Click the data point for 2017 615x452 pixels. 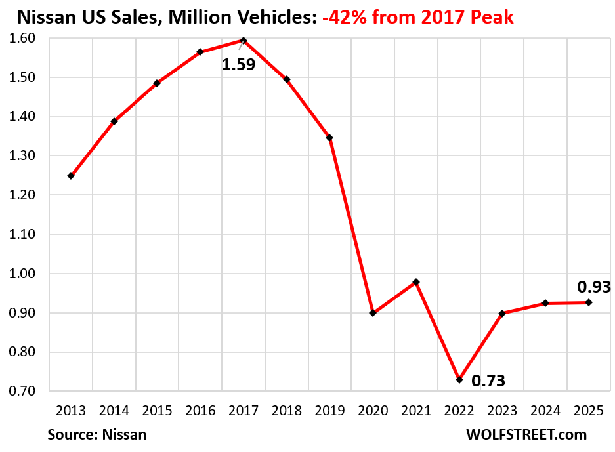[244, 41]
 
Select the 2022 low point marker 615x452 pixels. [459, 380]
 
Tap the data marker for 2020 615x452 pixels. [373, 313]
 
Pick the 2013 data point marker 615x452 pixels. [71, 176]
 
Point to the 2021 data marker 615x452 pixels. [416, 282]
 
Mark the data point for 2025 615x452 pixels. [589, 302]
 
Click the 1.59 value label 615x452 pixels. [238, 65]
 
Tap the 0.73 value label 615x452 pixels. [488, 380]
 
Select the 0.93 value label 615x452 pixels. [593, 287]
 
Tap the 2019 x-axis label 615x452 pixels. [329, 411]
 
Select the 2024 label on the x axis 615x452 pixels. [545, 411]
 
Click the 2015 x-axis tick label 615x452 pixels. [157, 411]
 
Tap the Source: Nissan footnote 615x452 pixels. [96, 434]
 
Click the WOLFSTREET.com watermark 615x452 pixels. [526, 434]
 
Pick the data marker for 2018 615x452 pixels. [287, 79]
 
